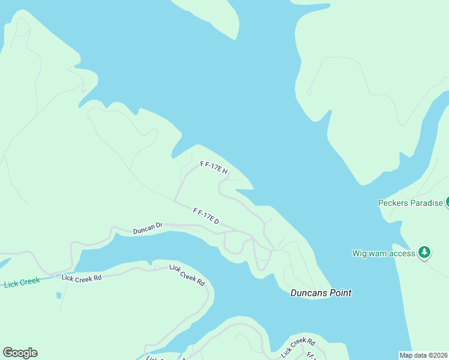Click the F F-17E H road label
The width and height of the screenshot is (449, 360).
[214, 167]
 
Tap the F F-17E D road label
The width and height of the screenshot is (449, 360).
[206, 217]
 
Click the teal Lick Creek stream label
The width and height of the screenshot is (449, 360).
[21, 281]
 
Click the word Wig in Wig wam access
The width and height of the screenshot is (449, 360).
[359, 253]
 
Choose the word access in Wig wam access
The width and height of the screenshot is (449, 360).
[402, 253]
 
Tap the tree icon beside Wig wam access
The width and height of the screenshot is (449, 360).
[424, 252]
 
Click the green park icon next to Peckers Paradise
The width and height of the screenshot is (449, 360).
[447, 202]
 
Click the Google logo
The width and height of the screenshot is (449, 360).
[20, 353]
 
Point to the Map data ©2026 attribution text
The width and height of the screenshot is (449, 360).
[423, 355]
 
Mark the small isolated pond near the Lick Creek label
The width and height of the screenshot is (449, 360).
[58, 295]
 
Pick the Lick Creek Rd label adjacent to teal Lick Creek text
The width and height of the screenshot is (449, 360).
[82, 278]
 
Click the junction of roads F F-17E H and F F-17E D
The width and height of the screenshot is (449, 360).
[175, 200]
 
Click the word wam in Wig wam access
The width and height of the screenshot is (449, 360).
[378, 253]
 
